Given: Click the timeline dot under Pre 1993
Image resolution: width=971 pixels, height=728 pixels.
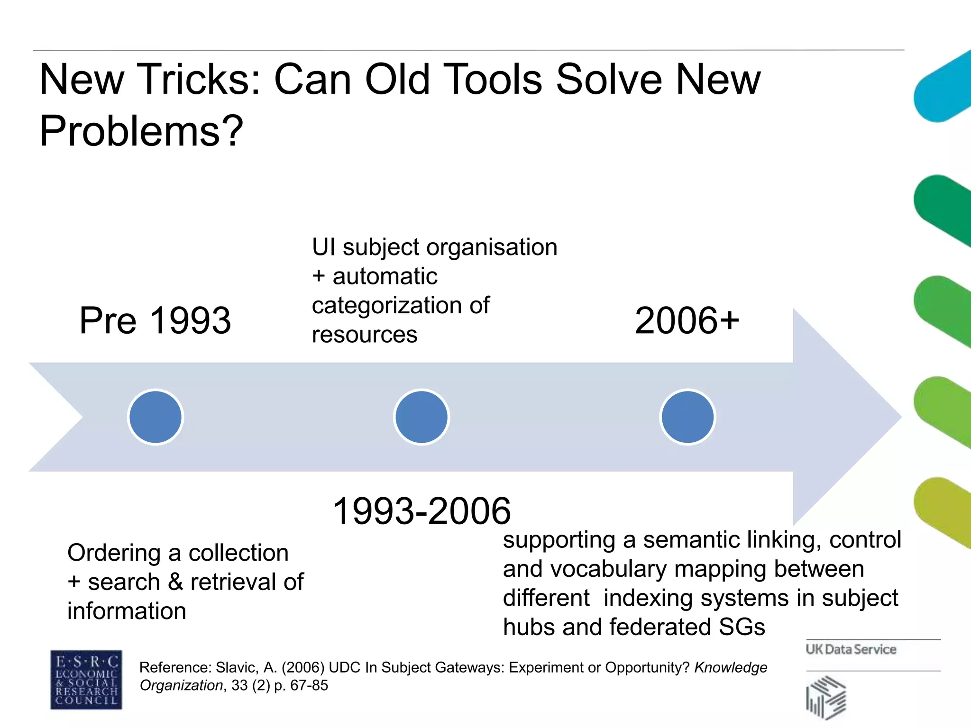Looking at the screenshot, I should pyautogui.click(x=156, y=417).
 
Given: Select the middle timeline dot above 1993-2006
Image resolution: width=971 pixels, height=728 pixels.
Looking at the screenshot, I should pyautogui.click(x=421, y=417).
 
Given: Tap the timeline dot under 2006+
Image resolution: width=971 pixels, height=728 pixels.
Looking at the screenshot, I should pyautogui.click(x=687, y=417).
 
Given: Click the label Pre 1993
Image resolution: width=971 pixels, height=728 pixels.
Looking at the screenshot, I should pyautogui.click(x=155, y=320).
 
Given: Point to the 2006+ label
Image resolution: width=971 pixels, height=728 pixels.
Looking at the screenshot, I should pyautogui.click(x=687, y=320).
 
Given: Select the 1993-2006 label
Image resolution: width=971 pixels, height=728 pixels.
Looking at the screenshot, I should pyautogui.click(x=422, y=511).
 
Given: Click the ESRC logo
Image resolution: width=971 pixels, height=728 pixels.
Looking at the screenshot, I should pyautogui.click(x=86, y=680).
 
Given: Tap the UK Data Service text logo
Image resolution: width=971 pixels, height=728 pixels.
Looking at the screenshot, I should pyautogui.click(x=851, y=649).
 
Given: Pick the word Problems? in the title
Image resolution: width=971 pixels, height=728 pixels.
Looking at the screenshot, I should pyautogui.click(x=141, y=131).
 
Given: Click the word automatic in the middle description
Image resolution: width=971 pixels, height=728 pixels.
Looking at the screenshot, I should pyautogui.click(x=385, y=276).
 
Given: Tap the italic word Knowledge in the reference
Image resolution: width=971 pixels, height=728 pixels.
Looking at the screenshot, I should pyautogui.click(x=731, y=667).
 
